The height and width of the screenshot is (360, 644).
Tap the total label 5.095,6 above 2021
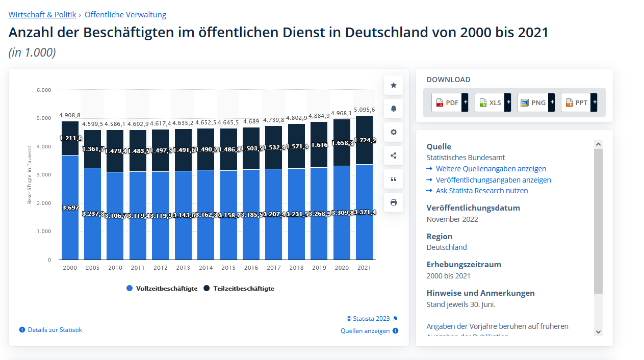point(364,110)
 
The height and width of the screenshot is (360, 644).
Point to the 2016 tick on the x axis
point(251,268)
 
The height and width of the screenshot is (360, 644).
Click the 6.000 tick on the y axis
point(44,90)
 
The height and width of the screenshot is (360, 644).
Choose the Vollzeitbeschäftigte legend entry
point(162,289)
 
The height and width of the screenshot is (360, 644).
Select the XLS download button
point(493,102)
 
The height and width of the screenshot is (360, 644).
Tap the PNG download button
point(536,102)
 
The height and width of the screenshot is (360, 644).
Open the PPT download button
point(579,102)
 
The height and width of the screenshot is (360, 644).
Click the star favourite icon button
point(394,85)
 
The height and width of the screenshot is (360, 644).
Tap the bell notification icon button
point(394,109)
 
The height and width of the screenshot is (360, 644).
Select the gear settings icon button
point(394,132)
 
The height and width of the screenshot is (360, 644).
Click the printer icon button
point(394,202)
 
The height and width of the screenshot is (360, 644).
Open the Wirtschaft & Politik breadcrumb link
point(42,15)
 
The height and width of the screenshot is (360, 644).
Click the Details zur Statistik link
point(55,330)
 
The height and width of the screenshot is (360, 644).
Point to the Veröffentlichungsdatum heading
point(473,208)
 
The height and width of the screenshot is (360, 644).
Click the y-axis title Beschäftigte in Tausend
point(30,174)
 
